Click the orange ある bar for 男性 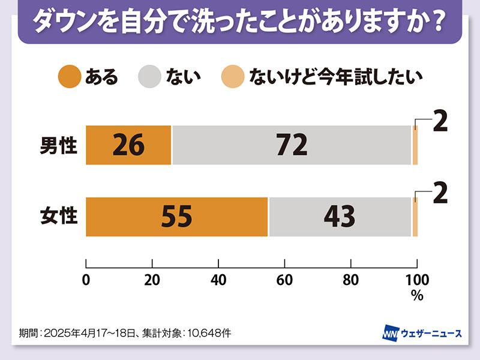coord(128,145)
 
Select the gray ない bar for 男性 coord(292,145)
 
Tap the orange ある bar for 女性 coord(177,217)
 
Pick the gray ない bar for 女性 coord(340,217)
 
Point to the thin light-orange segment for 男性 coord(415,145)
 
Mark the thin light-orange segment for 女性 coord(415,217)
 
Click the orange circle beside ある coord(70,76)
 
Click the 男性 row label coord(59,146)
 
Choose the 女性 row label coord(59,217)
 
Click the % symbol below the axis coord(417,295)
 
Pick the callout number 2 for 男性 coord(440,122)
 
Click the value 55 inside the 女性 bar coord(177,217)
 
